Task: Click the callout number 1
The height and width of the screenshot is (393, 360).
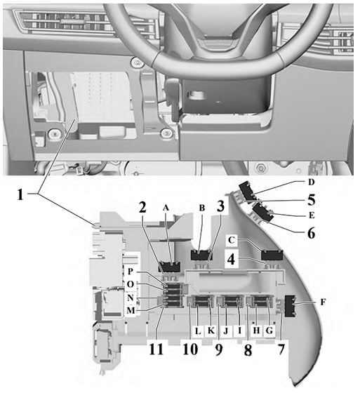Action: click(x=20, y=195)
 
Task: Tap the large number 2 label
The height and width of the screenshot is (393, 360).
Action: click(x=142, y=207)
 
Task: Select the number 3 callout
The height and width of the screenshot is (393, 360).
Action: click(x=220, y=206)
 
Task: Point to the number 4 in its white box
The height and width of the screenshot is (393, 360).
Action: click(x=231, y=259)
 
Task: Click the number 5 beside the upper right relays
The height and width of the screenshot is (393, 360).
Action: click(x=311, y=200)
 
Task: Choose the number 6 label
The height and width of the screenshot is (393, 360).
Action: click(x=311, y=233)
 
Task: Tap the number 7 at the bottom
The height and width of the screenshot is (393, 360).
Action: click(x=281, y=349)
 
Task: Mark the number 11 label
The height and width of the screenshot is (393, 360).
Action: click(x=156, y=349)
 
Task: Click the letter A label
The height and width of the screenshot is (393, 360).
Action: click(x=166, y=208)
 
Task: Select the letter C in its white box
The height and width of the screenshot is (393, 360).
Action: click(x=232, y=240)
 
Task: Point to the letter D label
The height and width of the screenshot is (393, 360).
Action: click(x=311, y=182)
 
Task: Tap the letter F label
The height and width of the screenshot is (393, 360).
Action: click(x=323, y=302)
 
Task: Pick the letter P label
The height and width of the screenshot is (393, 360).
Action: click(x=131, y=271)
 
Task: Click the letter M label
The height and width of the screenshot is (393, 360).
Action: click(x=131, y=310)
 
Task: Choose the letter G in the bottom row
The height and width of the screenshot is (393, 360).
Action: click(x=269, y=331)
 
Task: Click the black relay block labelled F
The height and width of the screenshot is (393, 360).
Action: click(x=290, y=307)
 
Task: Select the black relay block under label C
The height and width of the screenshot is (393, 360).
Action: click(x=272, y=255)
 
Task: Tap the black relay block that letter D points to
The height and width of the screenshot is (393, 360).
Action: click(x=248, y=192)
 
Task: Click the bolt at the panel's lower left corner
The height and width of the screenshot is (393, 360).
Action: click(x=55, y=134)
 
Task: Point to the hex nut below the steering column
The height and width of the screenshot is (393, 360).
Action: click(x=261, y=168)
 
